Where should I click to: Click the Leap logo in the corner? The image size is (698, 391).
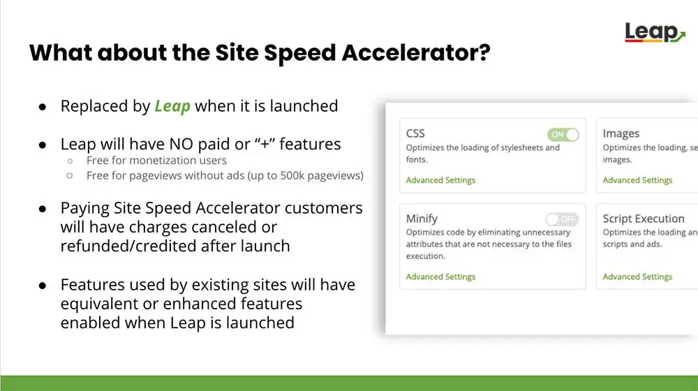coord(655,33)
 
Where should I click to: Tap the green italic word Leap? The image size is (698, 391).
coord(172,106)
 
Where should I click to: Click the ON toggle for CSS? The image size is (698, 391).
coord(563,135)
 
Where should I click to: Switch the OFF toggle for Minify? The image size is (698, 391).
coord(562,219)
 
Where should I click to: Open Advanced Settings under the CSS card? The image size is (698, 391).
coord(440,180)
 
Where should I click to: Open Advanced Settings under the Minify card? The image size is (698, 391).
coord(440,276)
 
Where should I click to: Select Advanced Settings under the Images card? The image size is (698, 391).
coord(637,180)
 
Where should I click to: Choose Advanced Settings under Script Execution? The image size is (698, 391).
coord(637,276)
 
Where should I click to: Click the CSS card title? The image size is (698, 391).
coord(415,133)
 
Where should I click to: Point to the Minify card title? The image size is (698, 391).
coord(422,219)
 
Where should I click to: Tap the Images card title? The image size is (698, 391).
coord(621,133)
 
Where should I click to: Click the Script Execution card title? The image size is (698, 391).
coord(644,219)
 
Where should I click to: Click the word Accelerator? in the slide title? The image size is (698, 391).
coord(416,52)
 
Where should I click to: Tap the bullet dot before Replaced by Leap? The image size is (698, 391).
coord(43,107)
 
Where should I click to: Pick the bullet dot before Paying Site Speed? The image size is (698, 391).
coord(43,209)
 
